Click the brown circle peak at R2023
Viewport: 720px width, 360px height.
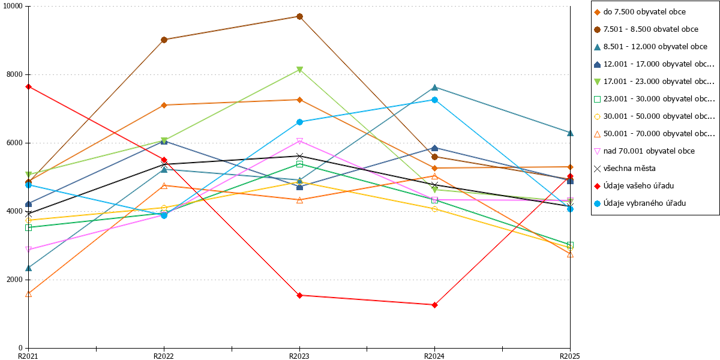(299, 16)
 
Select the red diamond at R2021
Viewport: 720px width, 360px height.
(28, 87)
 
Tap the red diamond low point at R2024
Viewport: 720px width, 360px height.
(434, 305)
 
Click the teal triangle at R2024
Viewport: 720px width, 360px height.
(434, 88)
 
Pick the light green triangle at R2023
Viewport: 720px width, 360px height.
(299, 70)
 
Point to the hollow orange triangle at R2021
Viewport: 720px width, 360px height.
(28, 294)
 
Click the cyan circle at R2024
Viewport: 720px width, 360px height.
(434, 100)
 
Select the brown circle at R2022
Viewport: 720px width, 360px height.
(164, 40)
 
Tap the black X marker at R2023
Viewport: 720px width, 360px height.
(299, 156)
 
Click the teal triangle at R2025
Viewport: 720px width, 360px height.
(570, 133)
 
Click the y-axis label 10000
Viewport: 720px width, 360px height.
(13, 6)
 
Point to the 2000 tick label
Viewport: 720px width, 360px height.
(15, 280)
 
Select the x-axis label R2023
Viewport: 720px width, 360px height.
(299, 356)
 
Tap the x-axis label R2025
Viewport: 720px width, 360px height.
(570, 356)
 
